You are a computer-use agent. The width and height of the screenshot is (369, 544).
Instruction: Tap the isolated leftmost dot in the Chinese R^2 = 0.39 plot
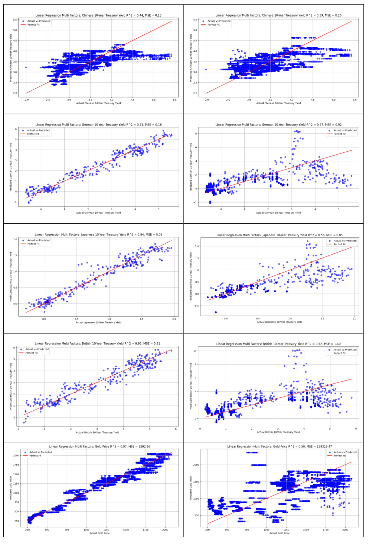[206, 69]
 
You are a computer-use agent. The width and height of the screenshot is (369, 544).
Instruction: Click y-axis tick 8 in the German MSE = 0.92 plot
[196, 133]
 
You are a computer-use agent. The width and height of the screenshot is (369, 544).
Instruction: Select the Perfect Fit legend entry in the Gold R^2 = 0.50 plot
[340, 456]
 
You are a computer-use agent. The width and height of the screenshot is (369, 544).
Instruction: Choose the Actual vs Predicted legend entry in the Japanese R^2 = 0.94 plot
[39, 240]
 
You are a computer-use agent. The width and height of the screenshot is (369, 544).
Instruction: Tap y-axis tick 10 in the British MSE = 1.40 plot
[195, 351]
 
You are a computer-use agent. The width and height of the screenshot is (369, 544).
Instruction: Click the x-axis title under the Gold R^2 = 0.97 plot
[100, 533]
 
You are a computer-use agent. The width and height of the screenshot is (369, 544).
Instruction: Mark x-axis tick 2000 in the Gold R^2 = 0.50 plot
[345, 530]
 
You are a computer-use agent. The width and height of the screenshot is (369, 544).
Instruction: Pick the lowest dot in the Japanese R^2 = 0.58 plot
[216, 312]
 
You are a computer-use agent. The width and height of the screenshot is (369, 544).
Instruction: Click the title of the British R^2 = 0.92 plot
[97, 344]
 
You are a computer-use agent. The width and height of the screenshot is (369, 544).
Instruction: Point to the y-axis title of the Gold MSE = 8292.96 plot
[11, 488]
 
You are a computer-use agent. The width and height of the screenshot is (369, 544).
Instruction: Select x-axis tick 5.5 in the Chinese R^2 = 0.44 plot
[175, 100]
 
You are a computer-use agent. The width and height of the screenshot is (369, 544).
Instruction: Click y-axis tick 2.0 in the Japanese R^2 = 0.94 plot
[15, 239]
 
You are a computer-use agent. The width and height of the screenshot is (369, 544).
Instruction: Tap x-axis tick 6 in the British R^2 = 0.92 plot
[176, 429]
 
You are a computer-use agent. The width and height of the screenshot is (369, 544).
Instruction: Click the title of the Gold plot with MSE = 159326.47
[279, 446]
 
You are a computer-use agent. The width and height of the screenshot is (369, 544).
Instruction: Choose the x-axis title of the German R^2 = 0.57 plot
[278, 213]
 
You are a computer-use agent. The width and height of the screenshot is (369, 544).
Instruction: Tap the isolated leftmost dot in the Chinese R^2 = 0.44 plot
[26, 67]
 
